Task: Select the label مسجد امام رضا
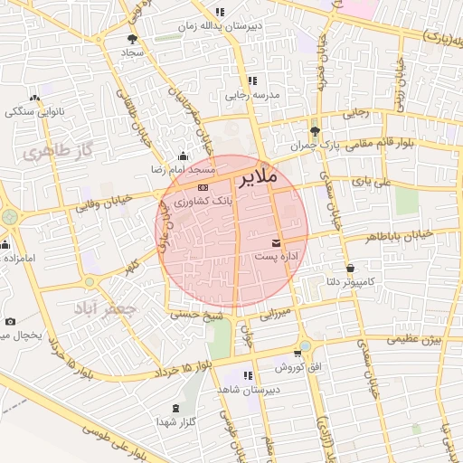184,169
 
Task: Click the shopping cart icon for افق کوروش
297,353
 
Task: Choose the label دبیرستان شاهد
246,389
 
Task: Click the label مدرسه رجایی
255,94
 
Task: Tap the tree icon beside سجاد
133,39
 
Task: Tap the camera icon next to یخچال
10,321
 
